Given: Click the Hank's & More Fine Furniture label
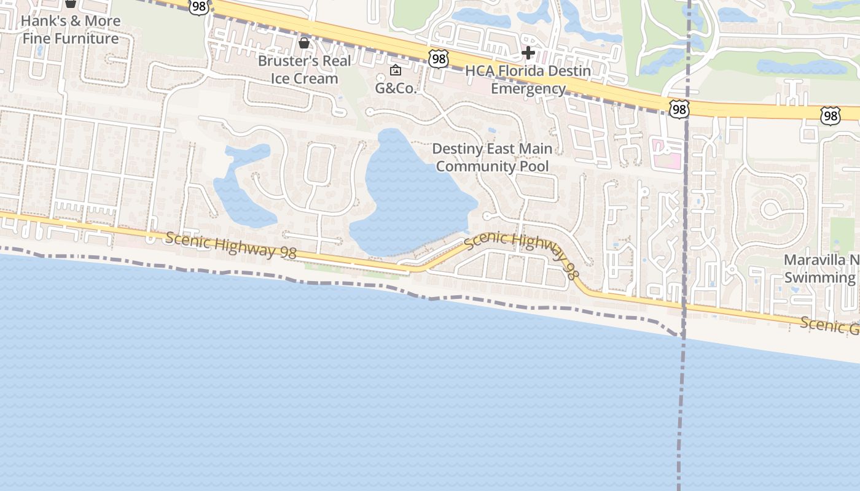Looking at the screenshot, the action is coord(70,29).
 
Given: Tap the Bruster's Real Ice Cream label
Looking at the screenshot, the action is coord(305,69).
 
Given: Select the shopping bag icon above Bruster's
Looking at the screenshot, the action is coord(303,42).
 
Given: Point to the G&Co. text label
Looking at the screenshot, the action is coord(396,88).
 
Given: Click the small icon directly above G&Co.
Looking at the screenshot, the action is coord(396,70).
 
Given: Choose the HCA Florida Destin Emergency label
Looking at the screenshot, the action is coord(528,79).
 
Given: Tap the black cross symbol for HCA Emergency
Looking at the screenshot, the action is coord(528,53).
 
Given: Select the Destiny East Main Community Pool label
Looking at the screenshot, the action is coord(492,157).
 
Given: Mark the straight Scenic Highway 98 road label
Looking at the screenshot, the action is coord(230,244).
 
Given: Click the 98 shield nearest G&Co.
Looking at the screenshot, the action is coord(439,59).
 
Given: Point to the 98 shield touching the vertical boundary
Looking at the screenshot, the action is coord(679,110).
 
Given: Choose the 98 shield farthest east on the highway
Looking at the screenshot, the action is coord(829,115).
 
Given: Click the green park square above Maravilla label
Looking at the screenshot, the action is coord(842,234).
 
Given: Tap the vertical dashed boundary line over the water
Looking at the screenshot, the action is coord(681,417).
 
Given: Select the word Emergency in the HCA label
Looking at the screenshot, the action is coord(528,88).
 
